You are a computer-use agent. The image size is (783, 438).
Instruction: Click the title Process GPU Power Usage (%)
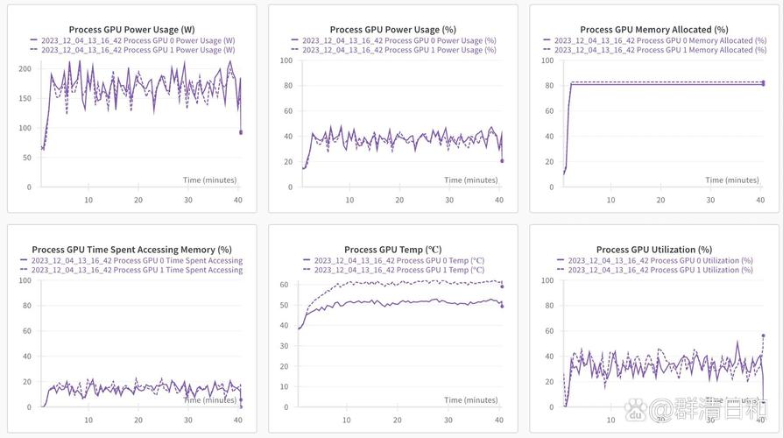pos(392,29)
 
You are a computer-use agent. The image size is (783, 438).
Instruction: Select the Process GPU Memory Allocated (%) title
pos(653,29)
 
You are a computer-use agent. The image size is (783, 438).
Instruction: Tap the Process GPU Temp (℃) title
pos(392,250)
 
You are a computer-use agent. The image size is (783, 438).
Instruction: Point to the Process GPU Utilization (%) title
pos(653,250)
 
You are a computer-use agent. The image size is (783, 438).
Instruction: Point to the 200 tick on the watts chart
pos(25,68)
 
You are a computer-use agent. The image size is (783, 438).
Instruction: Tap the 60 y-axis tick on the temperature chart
pos(284,285)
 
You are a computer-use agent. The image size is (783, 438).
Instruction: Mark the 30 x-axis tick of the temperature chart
pos(448,420)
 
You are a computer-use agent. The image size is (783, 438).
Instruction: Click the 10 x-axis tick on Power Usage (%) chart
pos(349,200)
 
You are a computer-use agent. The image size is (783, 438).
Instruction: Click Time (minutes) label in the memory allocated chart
pos(732,180)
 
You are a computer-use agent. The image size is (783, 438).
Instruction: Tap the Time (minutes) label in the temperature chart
pos(471,399)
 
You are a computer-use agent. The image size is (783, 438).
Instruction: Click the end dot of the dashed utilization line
pos(763,336)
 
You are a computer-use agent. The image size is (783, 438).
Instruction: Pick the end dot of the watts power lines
pos(241,132)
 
